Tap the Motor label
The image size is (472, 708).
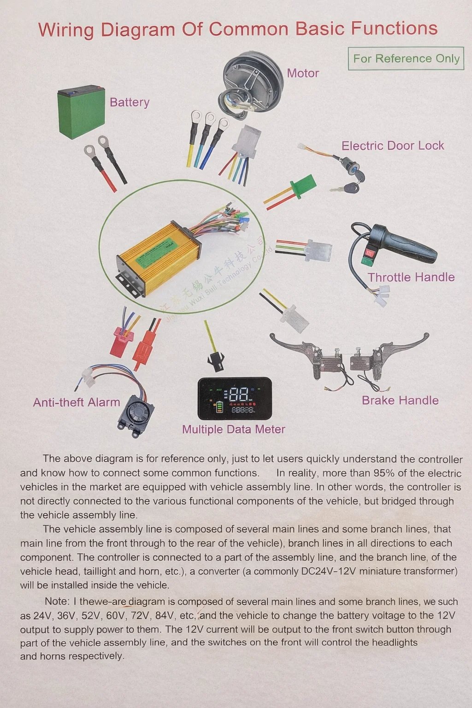pyautogui.click(x=303, y=73)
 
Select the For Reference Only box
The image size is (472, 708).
pyautogui.click(x=406, y=59)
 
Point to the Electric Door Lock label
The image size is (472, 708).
pyautogui.click(x=393, y=146)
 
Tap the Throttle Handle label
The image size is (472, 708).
pyautogui.click(x=411, y=277)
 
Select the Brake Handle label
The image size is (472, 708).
pyautogui.click(x=400, y=401)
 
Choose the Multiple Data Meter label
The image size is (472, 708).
pyautogui.click(x=234, y=429)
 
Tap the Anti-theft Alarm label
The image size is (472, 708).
pyautogui.click(x=77, y=402)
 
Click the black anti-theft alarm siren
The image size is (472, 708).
pyautogui.click(x=136, y=417)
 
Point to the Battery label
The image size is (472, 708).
pyautogui.click(x=130, y=102)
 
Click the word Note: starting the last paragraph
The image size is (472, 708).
pyautogui.click(x=57, y=601)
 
